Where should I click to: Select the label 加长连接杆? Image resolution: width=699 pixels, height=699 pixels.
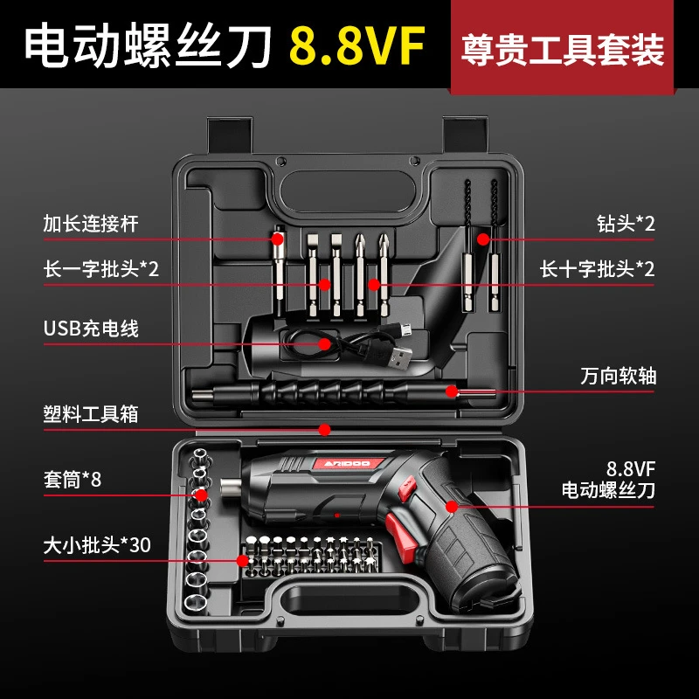[91, 224]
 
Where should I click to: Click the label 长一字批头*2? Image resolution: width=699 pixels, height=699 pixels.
[101, 268]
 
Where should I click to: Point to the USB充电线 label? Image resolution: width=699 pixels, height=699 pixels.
[91, 329]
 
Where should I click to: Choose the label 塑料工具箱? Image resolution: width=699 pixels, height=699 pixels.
[91, 413]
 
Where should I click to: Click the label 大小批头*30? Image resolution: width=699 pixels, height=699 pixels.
[97, 544]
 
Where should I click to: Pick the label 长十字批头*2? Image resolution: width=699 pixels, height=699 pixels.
[597, 268]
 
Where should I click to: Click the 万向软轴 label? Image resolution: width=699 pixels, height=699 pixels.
[618, 377]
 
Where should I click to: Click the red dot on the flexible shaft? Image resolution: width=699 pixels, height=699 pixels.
[451, 390]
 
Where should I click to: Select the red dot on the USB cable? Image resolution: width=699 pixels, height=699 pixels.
[325, 343]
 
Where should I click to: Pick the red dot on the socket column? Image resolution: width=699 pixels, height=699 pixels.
[201, 495]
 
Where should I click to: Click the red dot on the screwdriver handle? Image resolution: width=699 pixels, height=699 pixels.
[451, 505]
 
